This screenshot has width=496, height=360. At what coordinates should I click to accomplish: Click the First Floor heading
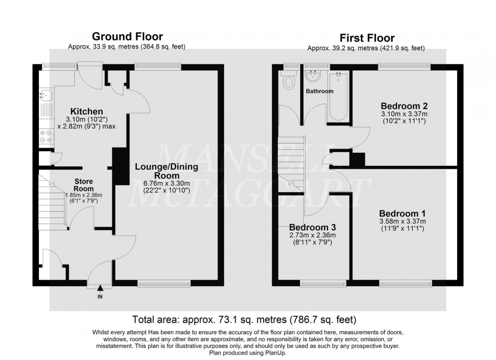pos(367,38)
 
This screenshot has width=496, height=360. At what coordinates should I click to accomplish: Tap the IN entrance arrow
pos(100,289)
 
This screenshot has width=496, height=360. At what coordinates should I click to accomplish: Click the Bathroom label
pos(319,92)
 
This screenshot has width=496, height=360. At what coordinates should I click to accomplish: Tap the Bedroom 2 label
pos(404,106)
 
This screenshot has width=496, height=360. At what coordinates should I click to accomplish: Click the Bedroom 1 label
pos(403,213)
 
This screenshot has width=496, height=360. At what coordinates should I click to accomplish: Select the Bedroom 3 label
pos(312,228)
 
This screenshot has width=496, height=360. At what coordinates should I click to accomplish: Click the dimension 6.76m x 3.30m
pos(166,184)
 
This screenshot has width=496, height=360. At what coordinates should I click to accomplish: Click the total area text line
pos(244,320)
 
